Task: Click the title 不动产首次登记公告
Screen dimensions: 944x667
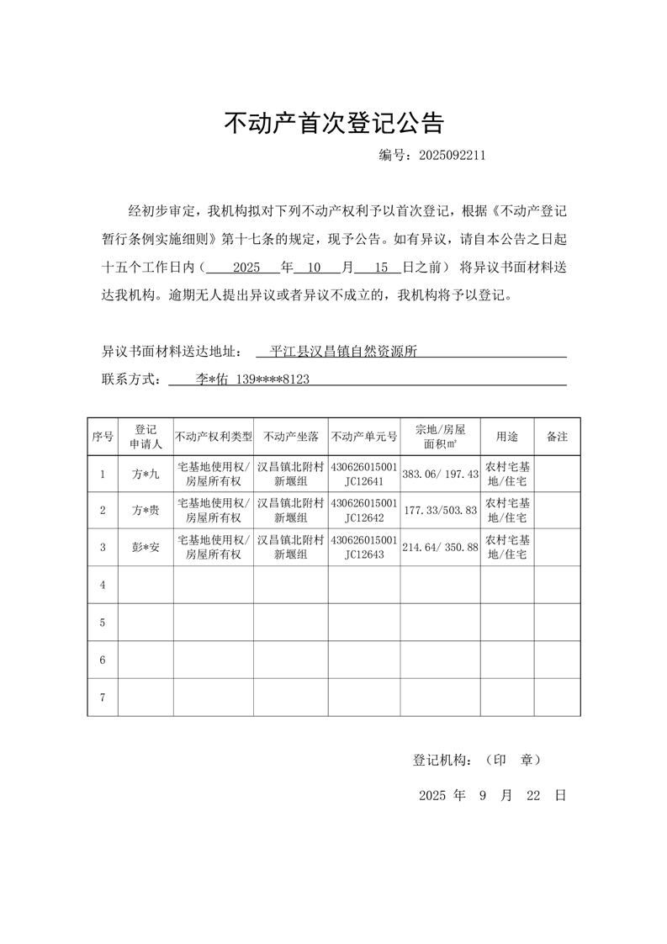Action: click(x=333, y=124)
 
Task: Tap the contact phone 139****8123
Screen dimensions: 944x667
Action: click(x=272, y=379)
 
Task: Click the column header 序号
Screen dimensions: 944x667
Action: click(x=103, y=437)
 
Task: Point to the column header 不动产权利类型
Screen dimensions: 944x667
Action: click(x=214, y=437)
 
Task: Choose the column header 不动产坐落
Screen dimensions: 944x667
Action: click(x=291, y=437)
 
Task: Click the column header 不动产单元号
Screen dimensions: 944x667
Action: click(x=364, y=437)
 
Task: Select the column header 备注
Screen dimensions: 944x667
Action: click(x=557, y=437)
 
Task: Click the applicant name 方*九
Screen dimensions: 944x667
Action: click(x=146, y=475)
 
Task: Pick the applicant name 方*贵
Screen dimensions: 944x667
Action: click(x=146, y=510)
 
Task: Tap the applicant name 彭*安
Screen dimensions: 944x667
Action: click(x=146, y=547)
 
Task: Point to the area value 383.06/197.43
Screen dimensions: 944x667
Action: click(x=440, y=475)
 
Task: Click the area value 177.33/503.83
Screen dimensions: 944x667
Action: click(x=440, y=510)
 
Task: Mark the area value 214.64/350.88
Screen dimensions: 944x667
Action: click(x=440, y=547)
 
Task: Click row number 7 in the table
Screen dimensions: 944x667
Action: click(x=103, y=697)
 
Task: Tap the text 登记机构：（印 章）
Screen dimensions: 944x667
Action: click(x=477, y=760)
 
